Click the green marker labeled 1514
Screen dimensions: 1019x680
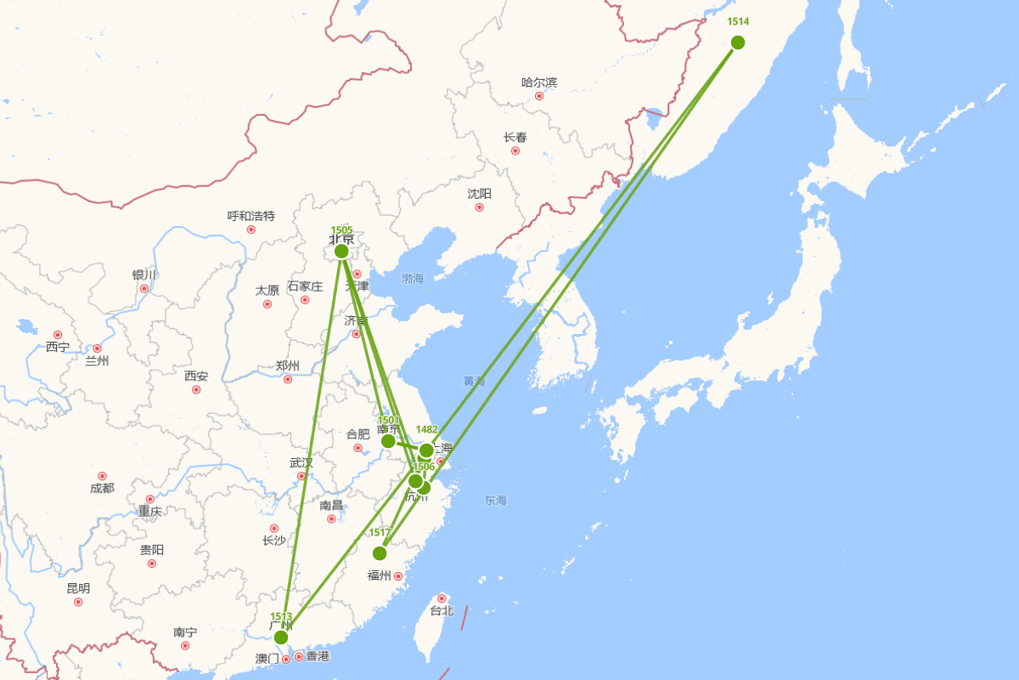(x=737, y=42)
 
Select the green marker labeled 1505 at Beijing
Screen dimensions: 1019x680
(x=341, y=251)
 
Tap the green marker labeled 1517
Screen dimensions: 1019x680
(x=380, y=553)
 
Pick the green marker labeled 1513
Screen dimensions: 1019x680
(x=281, y=637)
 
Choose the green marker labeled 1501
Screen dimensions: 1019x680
(x=388, y=441)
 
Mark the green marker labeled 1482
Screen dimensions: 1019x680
(x=426, y=450)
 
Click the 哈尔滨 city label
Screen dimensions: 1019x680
(x=539, y=82)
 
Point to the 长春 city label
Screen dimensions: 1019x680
(x=515, y=137)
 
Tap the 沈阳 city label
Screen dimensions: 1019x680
(x=479, y=194)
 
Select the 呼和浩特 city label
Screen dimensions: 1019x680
(x=251, y=216)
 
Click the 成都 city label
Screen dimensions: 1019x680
(x=102, y=488)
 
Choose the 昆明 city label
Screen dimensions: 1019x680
(x=78, y=588)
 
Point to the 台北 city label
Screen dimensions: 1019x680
(x=442, y=610)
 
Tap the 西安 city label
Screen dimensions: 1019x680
(x=196, y=376)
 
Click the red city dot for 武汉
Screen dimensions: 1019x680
(x=301, y=476)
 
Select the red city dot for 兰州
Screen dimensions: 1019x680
(x=97, y=348)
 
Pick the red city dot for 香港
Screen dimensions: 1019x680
(x=299, y=656)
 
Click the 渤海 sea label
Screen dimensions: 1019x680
(x=413, y=278)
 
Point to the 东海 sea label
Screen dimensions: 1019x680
(x=496, y=501)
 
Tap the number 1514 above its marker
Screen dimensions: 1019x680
(x=738, y=22)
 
